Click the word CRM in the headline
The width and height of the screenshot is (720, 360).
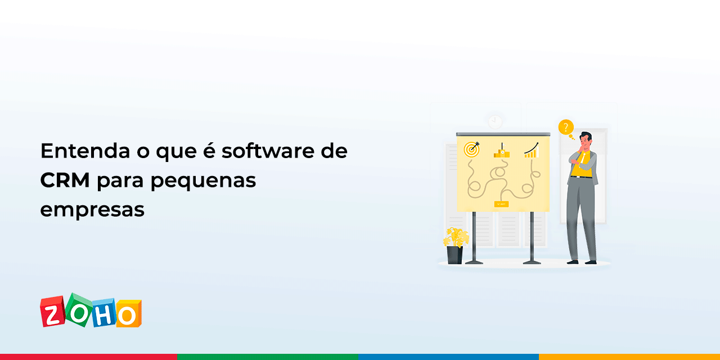point(65,181)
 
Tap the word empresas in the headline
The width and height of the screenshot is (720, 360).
point(92,210)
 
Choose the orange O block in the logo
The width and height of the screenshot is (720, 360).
point(128,314)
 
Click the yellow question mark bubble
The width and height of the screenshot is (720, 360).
point(565,127)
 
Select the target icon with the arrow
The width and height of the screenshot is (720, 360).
point(471,149)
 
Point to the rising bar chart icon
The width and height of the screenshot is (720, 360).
point(532,150)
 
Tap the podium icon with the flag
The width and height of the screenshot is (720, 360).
point(501,151)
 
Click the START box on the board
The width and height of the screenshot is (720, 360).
point(501,204)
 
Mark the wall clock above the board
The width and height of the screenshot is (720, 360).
point(495,121)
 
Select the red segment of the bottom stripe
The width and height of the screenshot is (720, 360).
point(89,357)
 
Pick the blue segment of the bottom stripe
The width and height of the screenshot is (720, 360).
point(448,357)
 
